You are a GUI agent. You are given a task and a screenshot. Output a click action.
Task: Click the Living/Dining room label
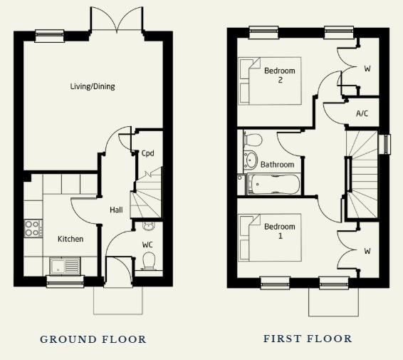[93, 87]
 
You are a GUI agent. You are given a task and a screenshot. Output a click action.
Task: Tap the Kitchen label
[70, 239]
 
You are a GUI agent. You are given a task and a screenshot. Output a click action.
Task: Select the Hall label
[116, 210]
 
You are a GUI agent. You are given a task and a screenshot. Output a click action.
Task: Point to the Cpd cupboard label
[147, 153]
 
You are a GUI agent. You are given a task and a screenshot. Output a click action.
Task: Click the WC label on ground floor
[147, 244]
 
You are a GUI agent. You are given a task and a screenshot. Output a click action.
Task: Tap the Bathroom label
[277, 165]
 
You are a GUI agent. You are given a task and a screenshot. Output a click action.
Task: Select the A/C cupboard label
[362, 114]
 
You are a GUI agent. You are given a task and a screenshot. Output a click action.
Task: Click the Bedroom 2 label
[279, 76]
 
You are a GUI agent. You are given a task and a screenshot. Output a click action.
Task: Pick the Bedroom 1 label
[279, 231]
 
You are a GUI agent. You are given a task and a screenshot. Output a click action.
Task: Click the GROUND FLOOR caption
[93, 339]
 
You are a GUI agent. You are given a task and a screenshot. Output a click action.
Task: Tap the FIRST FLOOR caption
[308, 339]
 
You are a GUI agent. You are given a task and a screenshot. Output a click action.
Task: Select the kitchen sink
[63, 267]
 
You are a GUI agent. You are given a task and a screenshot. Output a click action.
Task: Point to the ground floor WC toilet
[150, 264]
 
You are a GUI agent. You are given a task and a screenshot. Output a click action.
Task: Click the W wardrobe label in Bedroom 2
[367, 69]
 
